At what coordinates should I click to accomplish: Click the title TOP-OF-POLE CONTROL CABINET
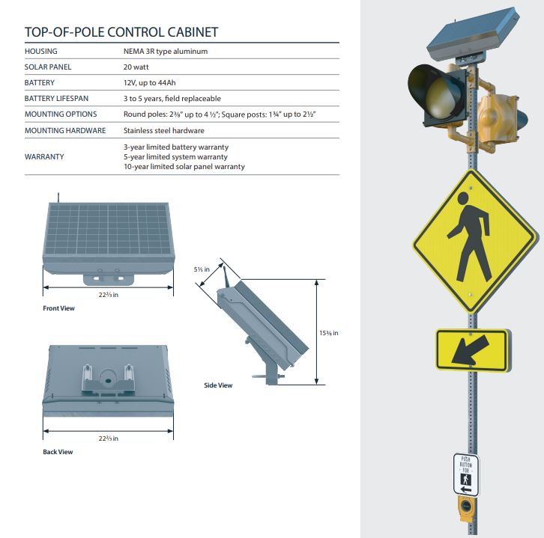[x=121, y=32]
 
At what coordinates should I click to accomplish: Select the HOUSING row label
[x=41, y=52]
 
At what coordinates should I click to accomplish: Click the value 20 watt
[x=141, y=67]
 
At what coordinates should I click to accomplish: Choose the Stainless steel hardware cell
[x=163, y=130]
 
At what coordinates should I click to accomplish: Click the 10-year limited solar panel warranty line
[x=184, y=167]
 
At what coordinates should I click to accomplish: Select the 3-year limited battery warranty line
[x=175, y=147]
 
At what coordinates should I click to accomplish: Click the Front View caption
[x=58, y=308]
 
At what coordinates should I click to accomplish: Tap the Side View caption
[x=218, y=385]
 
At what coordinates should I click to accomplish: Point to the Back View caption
[x=58, y=452]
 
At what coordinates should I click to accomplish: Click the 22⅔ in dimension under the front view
[x=109, y=294]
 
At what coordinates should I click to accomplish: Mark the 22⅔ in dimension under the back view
[x=109, y=438]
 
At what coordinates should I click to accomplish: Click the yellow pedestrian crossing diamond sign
[x=474, y=240]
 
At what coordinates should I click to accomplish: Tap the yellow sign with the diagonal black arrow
[x=472, y=350]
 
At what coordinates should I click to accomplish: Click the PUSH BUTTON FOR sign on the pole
[x=466, y=474]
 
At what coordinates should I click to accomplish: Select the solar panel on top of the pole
[x=472, y=34]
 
